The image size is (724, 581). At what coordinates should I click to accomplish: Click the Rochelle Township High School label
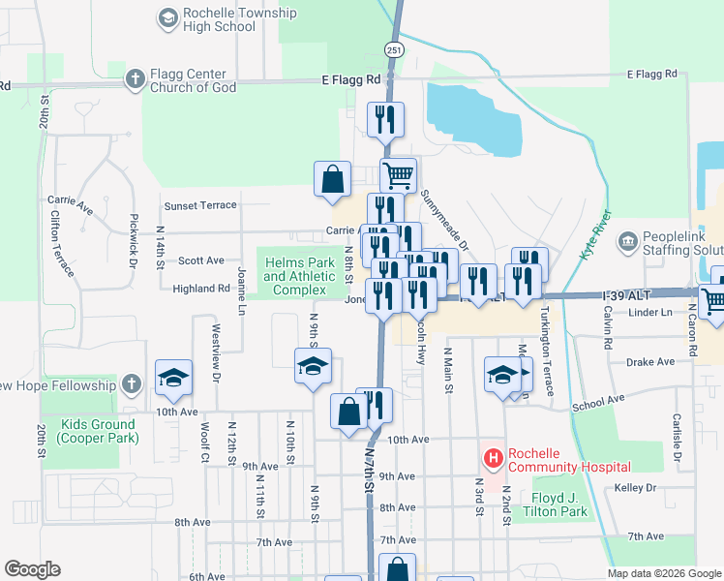pos(219,20)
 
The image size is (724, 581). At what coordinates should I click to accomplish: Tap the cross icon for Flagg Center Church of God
pos(136,78)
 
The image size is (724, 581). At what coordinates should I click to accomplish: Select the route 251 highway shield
pos(393,49)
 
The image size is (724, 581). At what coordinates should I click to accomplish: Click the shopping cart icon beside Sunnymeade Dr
pos(397,175)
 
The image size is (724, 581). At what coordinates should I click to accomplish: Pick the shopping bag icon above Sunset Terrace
pos(332,178)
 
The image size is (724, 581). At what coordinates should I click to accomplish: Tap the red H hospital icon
pos(493,456)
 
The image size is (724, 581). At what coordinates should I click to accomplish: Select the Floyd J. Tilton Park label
pos(554,505)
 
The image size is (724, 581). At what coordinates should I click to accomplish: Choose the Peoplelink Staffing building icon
pos(627,239)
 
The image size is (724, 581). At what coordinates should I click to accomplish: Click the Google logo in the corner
pos(32,569)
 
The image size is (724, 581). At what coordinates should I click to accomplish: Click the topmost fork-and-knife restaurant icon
pos(385,118)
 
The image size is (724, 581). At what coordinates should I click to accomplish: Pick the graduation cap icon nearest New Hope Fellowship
pos(173,378)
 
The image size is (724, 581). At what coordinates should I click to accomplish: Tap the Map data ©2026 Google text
pos(664,573)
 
